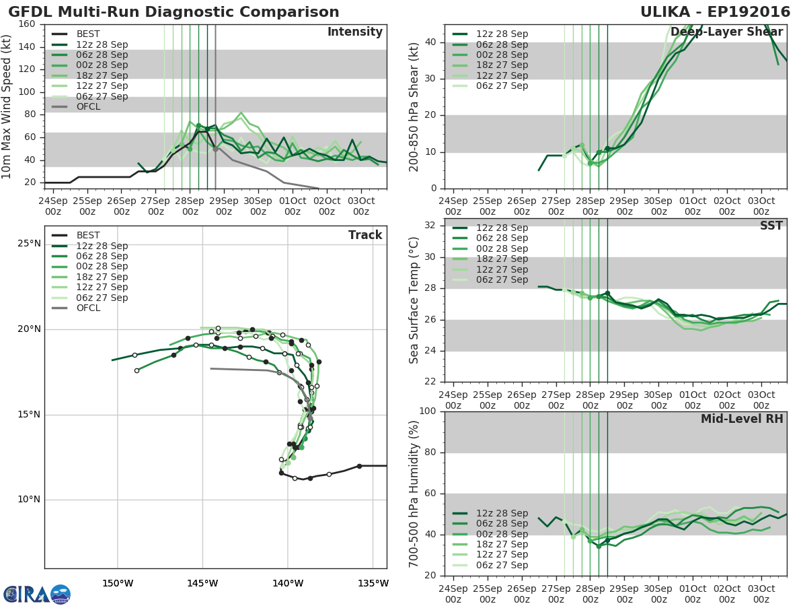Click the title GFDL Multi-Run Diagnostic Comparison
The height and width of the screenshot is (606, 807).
coord(174,12)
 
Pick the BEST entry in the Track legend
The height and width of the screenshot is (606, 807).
coord(88,235)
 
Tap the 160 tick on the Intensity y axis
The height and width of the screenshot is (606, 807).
coord(27,24)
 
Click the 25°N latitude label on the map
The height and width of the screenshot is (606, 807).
coord(29,243)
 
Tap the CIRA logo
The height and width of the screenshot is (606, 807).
coord(37,595)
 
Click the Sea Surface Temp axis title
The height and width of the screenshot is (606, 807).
coord(414,300)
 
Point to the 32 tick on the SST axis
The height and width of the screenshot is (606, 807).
coord(432,226)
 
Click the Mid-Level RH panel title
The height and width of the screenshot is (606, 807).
coord(742,419)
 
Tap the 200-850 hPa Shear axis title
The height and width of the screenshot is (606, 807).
coord(414,106)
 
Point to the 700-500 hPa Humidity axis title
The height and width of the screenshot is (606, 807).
coord(414,494)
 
